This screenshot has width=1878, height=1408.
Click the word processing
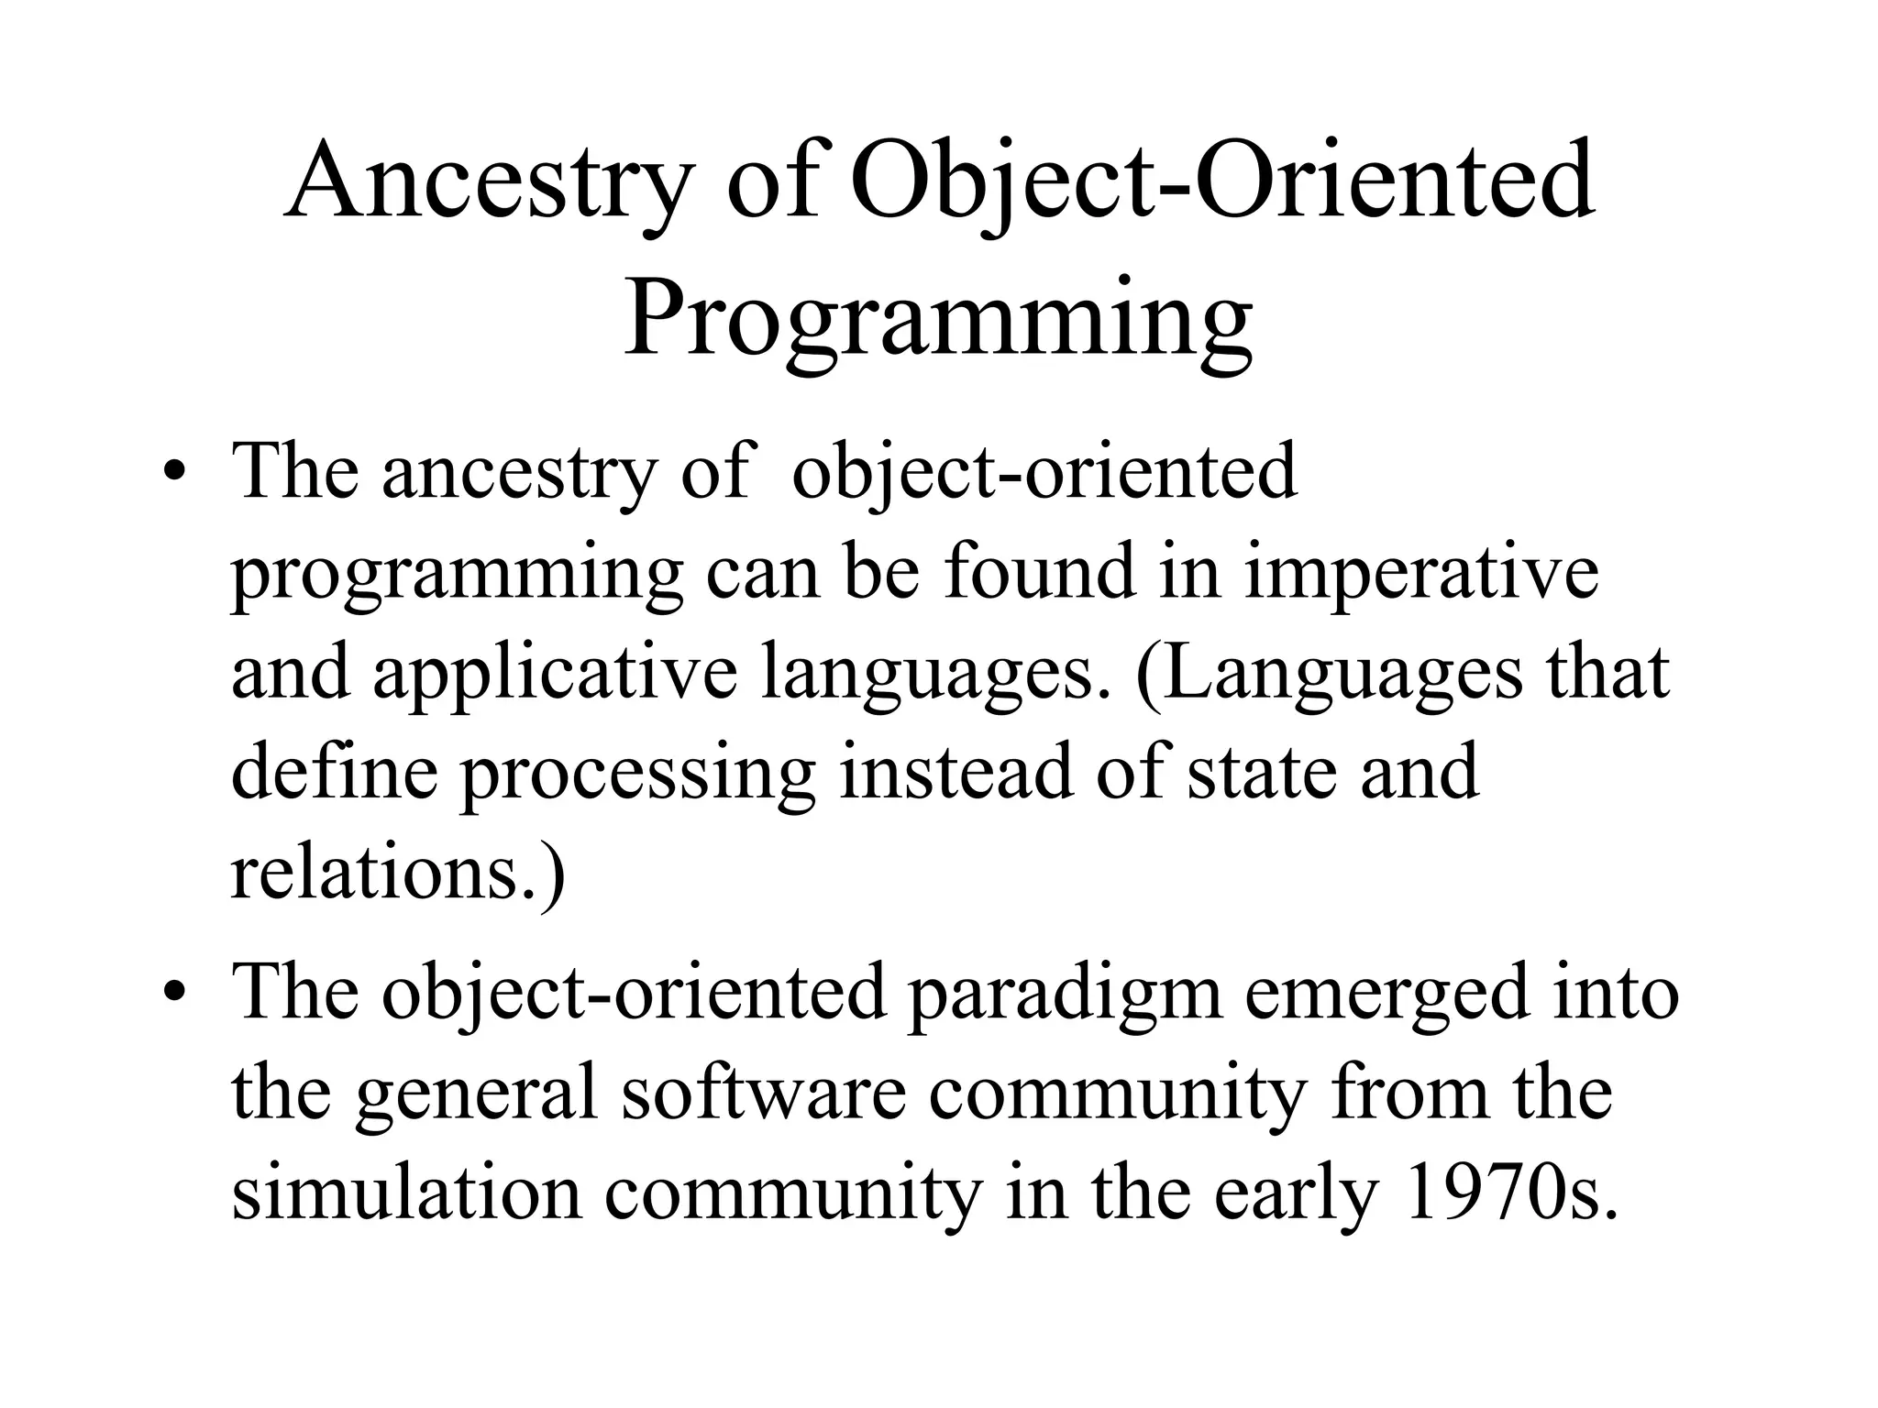[x=636, y=774]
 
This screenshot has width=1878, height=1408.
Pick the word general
[x=476, y=1094]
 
